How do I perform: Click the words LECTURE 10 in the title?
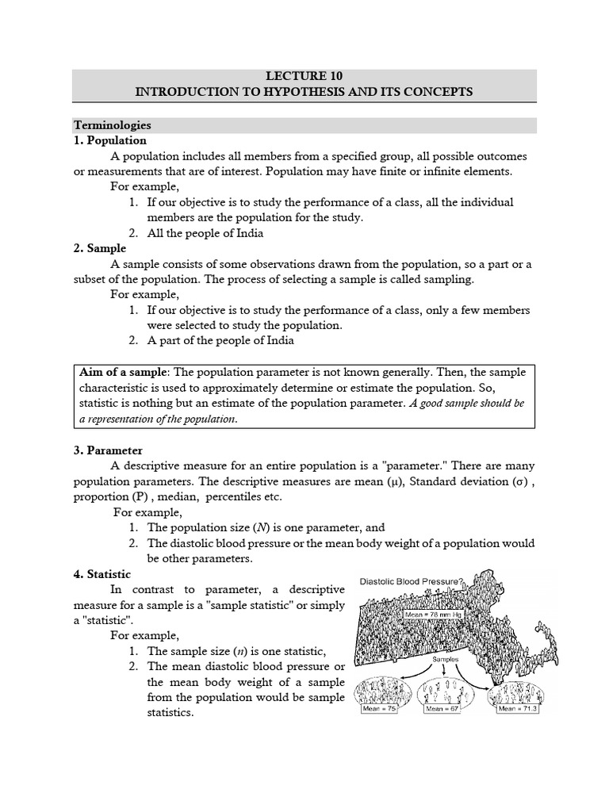pos(304,77)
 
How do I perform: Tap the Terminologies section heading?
pos(112,125)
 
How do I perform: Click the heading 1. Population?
pos(109,140)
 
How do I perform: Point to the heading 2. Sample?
pos(100,248)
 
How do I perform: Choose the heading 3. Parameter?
pos(108,450)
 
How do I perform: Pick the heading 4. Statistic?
pos(102,573)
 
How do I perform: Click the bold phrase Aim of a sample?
pos(124,372)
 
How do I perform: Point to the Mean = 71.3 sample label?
pos(517,710)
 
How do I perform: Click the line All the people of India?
pos(205,233)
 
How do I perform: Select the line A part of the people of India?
pos(220,340)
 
